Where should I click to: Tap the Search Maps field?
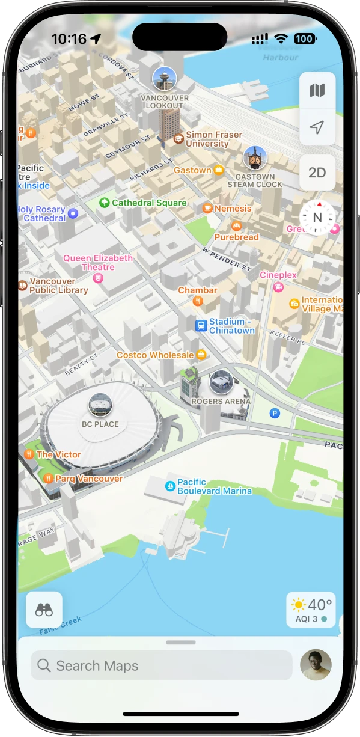[x=161, y=665]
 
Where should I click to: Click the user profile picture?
[x=316, y=665]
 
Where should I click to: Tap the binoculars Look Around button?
[x=44, y=610]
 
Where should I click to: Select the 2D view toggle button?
[x=317, y=173]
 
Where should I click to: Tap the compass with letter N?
[x=317, y=218]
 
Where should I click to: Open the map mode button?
[x=317, y=91]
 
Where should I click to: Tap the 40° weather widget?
[x=311, y=610]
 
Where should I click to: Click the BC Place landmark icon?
[x=100, y=405]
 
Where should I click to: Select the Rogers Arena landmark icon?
[x=221, y=382]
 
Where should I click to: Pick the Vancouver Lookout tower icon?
[x=164, y=78]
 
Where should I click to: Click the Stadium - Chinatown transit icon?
[x=201, y=326]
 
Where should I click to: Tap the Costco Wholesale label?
[x=155, y=355]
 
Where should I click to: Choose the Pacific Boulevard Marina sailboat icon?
[x=170, y=486]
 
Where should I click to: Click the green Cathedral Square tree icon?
[x=105, y=203]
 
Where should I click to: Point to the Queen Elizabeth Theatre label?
[x=98, y=263]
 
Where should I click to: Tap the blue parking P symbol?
[x=275, y=413]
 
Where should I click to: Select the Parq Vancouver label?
[x=89, y=479]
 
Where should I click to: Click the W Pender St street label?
[x=227, y=258]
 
